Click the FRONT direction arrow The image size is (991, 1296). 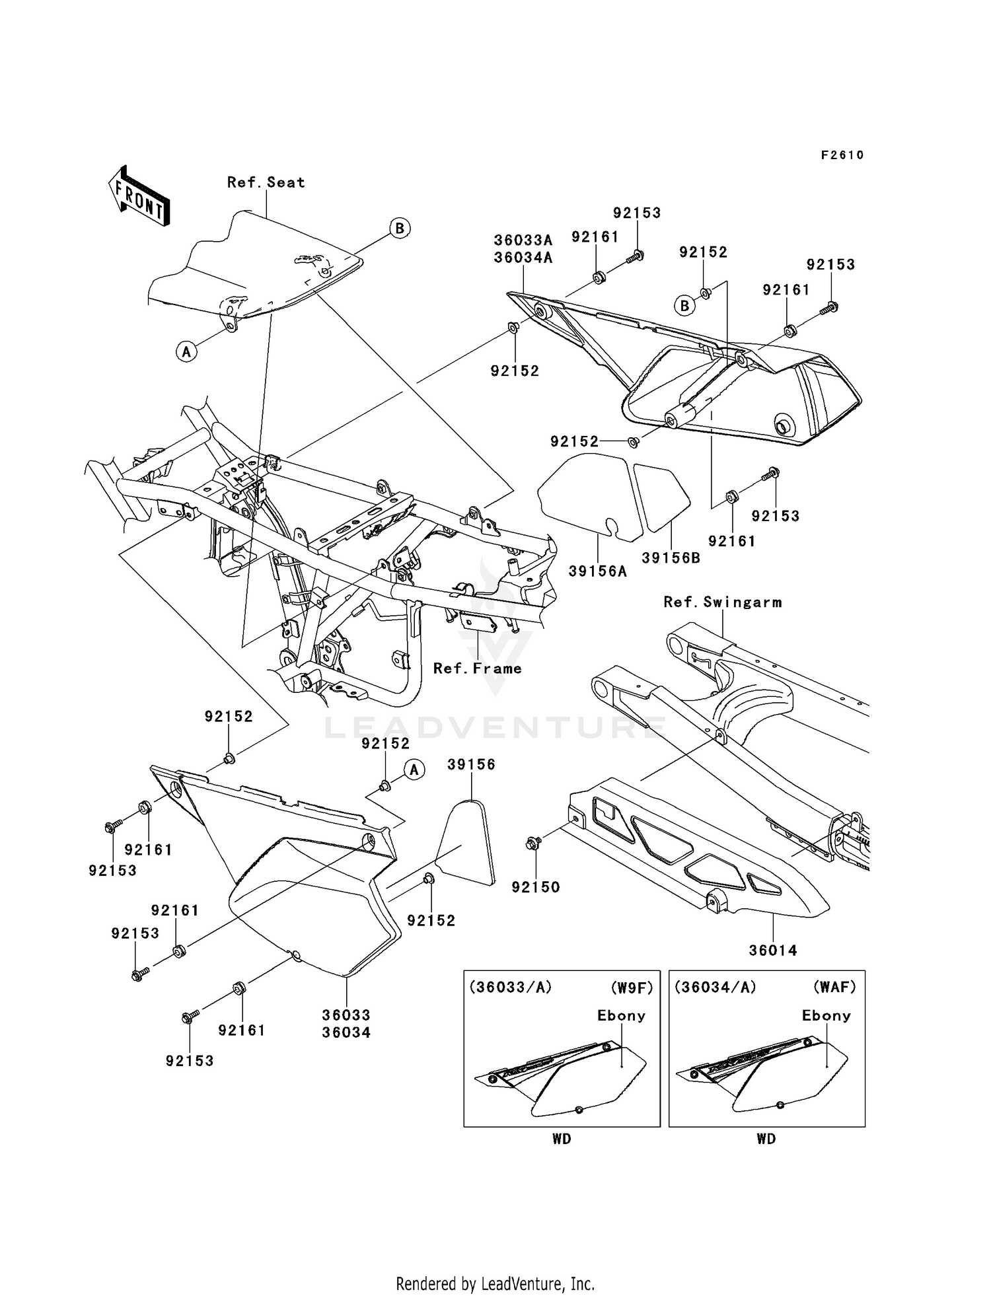pyautogui.click(x=139, y=196)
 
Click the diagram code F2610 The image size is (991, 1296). pyautogui.click(x=842, y=155)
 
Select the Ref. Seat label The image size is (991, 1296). pyautogui.click(x=266, y=182)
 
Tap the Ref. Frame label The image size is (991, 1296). pyautogui.click(x=477, y=668)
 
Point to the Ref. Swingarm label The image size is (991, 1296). pyautogui.click(x=722, y=602)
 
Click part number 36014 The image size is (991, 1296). pyautogui.click(x=772, y=951)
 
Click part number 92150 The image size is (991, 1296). pyautogui.click(x=535, y=887)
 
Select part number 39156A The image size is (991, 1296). pyautogui.click(x=597, y=571)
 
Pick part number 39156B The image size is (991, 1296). pyautogui.click(x=671, y=558)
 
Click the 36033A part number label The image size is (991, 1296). pyautogui.click(x=523, y=240)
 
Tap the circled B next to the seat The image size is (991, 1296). pyautogui.click(x=399, y=229)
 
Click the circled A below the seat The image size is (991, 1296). pyautogui.click(x=186, y=352)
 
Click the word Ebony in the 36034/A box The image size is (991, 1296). pyautogui.click(x=826, y=1015)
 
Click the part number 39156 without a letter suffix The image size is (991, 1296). pyautogui.click(x=471, y=764)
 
